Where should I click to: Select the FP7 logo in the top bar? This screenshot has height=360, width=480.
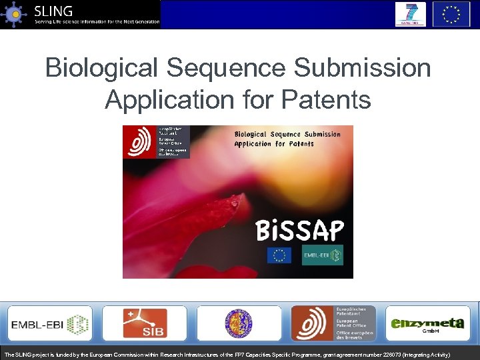pyautogui.click(x=411, y=14)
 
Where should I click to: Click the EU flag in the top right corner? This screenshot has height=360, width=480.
pyautogui.click(x=451, y=14)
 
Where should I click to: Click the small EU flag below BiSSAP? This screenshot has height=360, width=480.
pyautogui.click(x=279, y=255)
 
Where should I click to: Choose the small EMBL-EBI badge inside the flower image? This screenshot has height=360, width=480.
pyautogui.click(x=322, y=255)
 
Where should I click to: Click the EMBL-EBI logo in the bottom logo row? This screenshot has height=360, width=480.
pyautogui.click(x=50, y=324)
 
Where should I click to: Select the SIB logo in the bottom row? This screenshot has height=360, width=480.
pyautogui.click(x=145, y=324)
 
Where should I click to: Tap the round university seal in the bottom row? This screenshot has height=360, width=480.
pyautogui.click(x=238, y=324)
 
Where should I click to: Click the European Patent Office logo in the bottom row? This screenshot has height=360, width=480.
pyautogui.click(x=333, y=324)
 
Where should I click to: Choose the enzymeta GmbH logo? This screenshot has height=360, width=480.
pyautogui.click(x=427, y=324)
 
